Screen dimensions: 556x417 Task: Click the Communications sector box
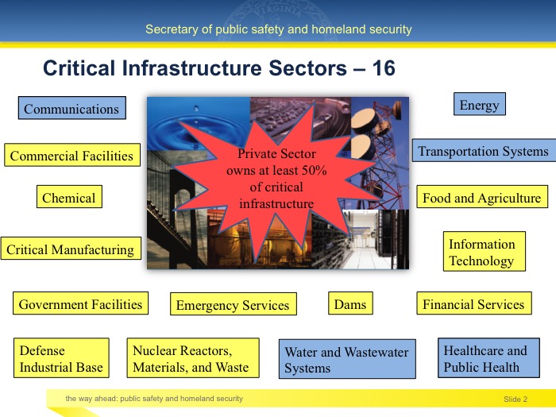click(72, 108)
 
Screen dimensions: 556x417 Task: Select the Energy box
click(480, 104)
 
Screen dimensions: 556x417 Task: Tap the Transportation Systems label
click(483, 151)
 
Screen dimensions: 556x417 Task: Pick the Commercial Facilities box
click(72, 155)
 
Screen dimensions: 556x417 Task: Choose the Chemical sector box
click(69, 196)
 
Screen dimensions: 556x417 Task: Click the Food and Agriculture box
click(482, 196)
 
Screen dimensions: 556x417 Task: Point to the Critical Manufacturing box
click(71, 249)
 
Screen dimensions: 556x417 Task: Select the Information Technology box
click(484, 252)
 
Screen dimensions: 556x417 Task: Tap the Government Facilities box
click(80, 303)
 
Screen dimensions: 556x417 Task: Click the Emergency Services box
click(234, 304)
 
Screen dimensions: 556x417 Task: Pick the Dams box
click(350, 303)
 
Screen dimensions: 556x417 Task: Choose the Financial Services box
click(474, 303)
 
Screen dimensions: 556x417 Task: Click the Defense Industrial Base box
click(61, 357)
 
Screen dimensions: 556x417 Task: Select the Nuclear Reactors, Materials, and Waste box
click(193, 357)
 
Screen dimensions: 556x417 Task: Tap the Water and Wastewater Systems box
click(347, 359)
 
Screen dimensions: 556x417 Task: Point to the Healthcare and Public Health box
click(488, 357)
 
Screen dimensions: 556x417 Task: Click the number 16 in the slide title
click(384, 68)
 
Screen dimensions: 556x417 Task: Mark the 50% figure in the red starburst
click(314, 170)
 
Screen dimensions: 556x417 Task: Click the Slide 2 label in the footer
click(515, 400)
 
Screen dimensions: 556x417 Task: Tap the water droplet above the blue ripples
click(195, 108)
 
